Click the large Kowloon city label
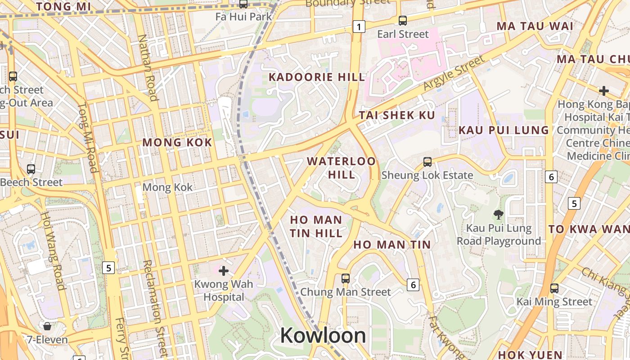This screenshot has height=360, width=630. click(x=323, y=336)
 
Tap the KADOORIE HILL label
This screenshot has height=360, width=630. click(x=317, y=77)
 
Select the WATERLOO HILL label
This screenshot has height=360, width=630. click(x=341, y=167)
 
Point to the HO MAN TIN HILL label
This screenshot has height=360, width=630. click(x=316, y=226)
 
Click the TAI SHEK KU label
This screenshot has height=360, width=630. click(x=397, y=115)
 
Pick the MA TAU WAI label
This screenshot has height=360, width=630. click(x=535, y=26)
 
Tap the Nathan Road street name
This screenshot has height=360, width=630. click(x=147, y=67)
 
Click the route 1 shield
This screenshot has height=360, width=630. click(x=358, y=27)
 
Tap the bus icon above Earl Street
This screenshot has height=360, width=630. click(x=403, y=20)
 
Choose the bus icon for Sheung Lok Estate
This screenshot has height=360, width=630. click(x=427, y=162)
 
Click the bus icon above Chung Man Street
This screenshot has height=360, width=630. click(x=345, y=278)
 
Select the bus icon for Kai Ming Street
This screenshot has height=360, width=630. click(x=554, y=288)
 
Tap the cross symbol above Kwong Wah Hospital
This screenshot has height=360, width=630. click(x=223, y=270)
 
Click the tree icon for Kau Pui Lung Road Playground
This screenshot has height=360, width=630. click(x=498, y=214)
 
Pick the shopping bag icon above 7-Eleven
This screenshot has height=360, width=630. click(x=47, y=326)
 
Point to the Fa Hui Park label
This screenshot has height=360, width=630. click(x=243, y=17)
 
